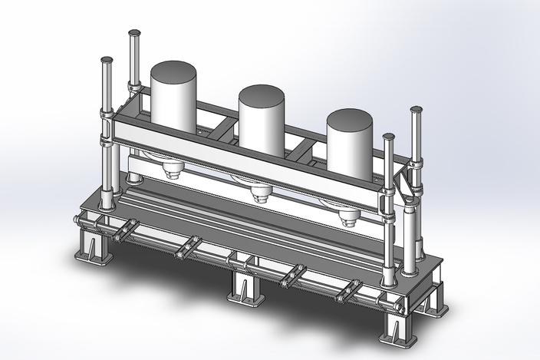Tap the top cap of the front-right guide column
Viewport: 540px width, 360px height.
pyautogui.click(x=389, y=137)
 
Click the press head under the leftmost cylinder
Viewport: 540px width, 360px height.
pyautogui.click(x=170, y=168)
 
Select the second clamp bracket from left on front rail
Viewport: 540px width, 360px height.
pyautogui.click(x=186, y=248)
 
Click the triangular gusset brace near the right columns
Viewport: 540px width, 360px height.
pyautogui.click(x=403, y=184)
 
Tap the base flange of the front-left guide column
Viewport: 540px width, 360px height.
pyautogui.click(x=107, y=206)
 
